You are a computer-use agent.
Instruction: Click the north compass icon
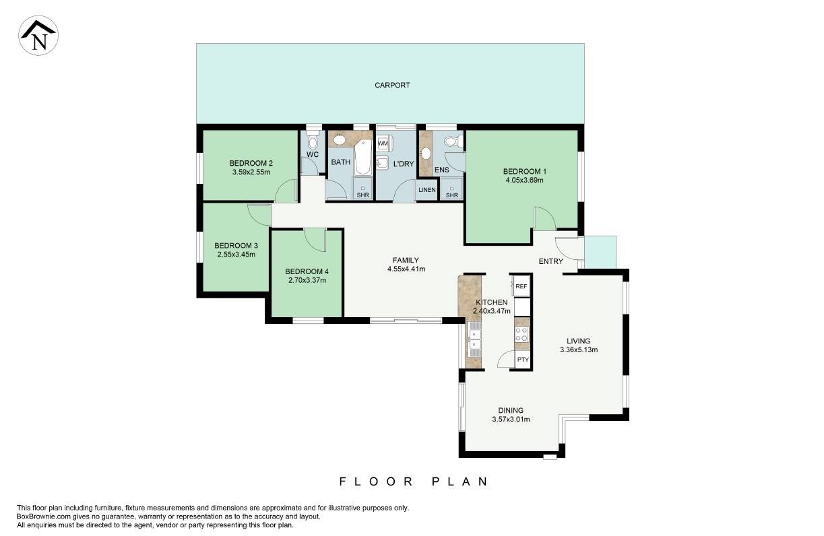tap(38, 36)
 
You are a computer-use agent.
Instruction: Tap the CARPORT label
tap(392, 86)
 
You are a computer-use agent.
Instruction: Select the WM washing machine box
tap(383, 143)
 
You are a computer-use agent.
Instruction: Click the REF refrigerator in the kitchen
tap(521, 286)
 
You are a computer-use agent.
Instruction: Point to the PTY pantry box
tap(523, 359)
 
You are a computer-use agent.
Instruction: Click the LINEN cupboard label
tap(426, 190)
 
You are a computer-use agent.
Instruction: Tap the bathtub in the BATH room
tap(362, 158)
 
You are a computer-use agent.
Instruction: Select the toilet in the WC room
tap(313, 141)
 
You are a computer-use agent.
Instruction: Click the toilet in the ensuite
tap(453, 141)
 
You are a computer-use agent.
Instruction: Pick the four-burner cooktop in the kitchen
tap(521, 335)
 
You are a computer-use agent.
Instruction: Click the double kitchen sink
tap(474, 339)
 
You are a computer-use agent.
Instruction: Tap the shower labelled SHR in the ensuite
tap(451, 189)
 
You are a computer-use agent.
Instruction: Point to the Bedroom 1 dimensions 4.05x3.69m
tap(525, 180)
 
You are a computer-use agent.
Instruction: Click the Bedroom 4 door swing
tap(315, 240)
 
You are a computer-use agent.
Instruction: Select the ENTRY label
tap(550, 261)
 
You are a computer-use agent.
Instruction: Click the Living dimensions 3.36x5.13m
tap(579, 350)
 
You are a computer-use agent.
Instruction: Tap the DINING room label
tap(511, 410)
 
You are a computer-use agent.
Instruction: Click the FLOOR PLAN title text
tap(414, 481)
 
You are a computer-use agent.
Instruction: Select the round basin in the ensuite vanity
tap(426, 154)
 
